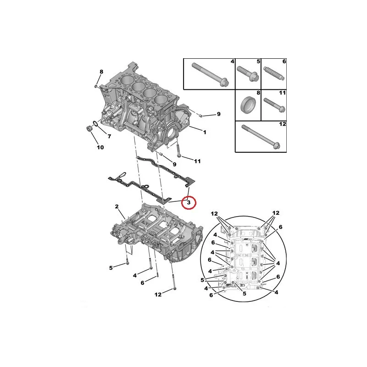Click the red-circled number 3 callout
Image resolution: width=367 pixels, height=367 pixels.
[189, 203]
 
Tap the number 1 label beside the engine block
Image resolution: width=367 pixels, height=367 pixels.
[205, 132]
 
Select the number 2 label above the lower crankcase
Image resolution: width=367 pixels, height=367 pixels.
[117, 206]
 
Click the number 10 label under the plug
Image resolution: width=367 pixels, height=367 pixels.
[100, 147]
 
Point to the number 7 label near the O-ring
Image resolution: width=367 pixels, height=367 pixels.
[109, 136]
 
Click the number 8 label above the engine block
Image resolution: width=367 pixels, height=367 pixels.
[101, 72]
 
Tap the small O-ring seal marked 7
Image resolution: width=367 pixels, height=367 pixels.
[95, 123]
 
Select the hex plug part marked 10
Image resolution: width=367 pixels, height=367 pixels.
[89, 128]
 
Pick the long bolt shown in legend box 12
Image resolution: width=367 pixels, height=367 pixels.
[261, 137]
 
